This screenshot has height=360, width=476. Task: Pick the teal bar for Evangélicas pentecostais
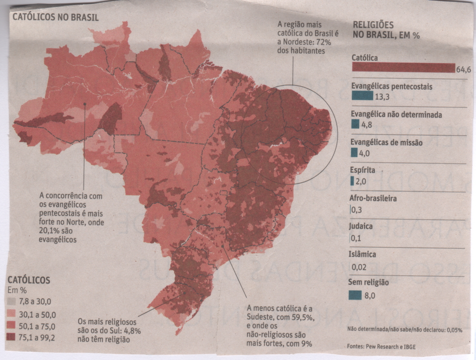click(x=362, y=96)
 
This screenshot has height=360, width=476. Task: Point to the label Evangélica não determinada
click(x=396, y=115)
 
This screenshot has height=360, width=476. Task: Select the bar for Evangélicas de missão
click(x=354, y=153)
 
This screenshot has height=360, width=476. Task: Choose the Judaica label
click(x=361, y=226)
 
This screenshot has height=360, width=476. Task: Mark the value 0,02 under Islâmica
click(x=359, y=267)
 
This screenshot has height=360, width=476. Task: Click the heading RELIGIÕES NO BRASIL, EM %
click(x=385, y=30)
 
